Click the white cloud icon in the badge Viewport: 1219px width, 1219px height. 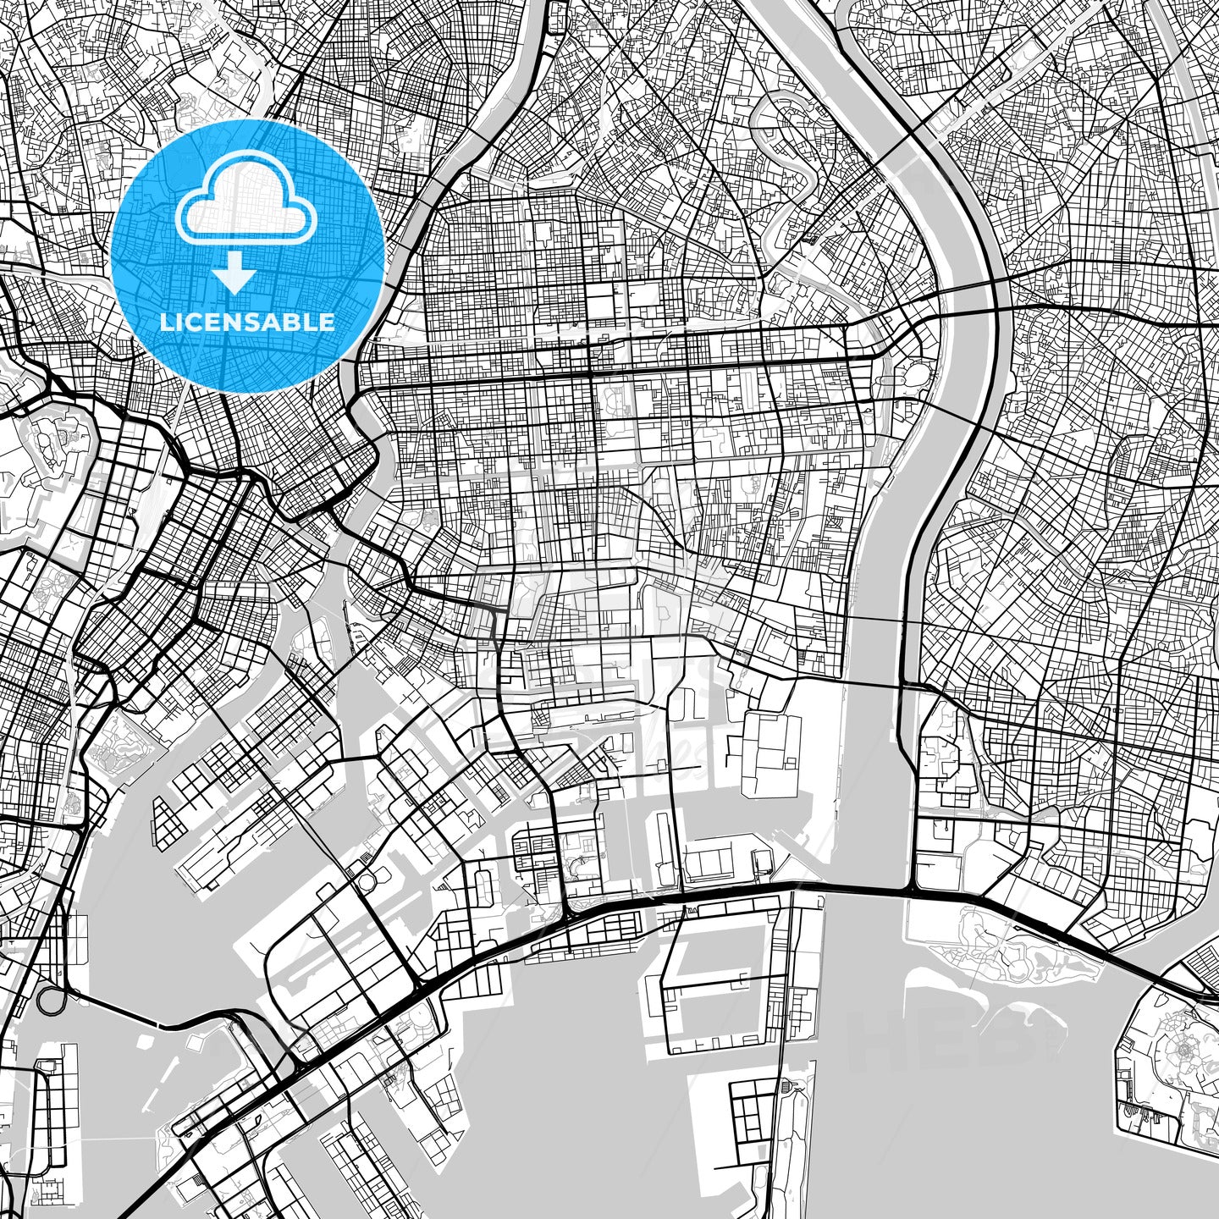click(246, 208)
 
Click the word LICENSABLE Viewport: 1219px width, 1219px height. click(247, 322)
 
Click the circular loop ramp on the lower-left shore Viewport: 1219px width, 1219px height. click(51, 1000)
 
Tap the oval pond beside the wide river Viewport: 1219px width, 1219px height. click(914, 373)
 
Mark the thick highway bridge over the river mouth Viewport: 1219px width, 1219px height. click(872, 889)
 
